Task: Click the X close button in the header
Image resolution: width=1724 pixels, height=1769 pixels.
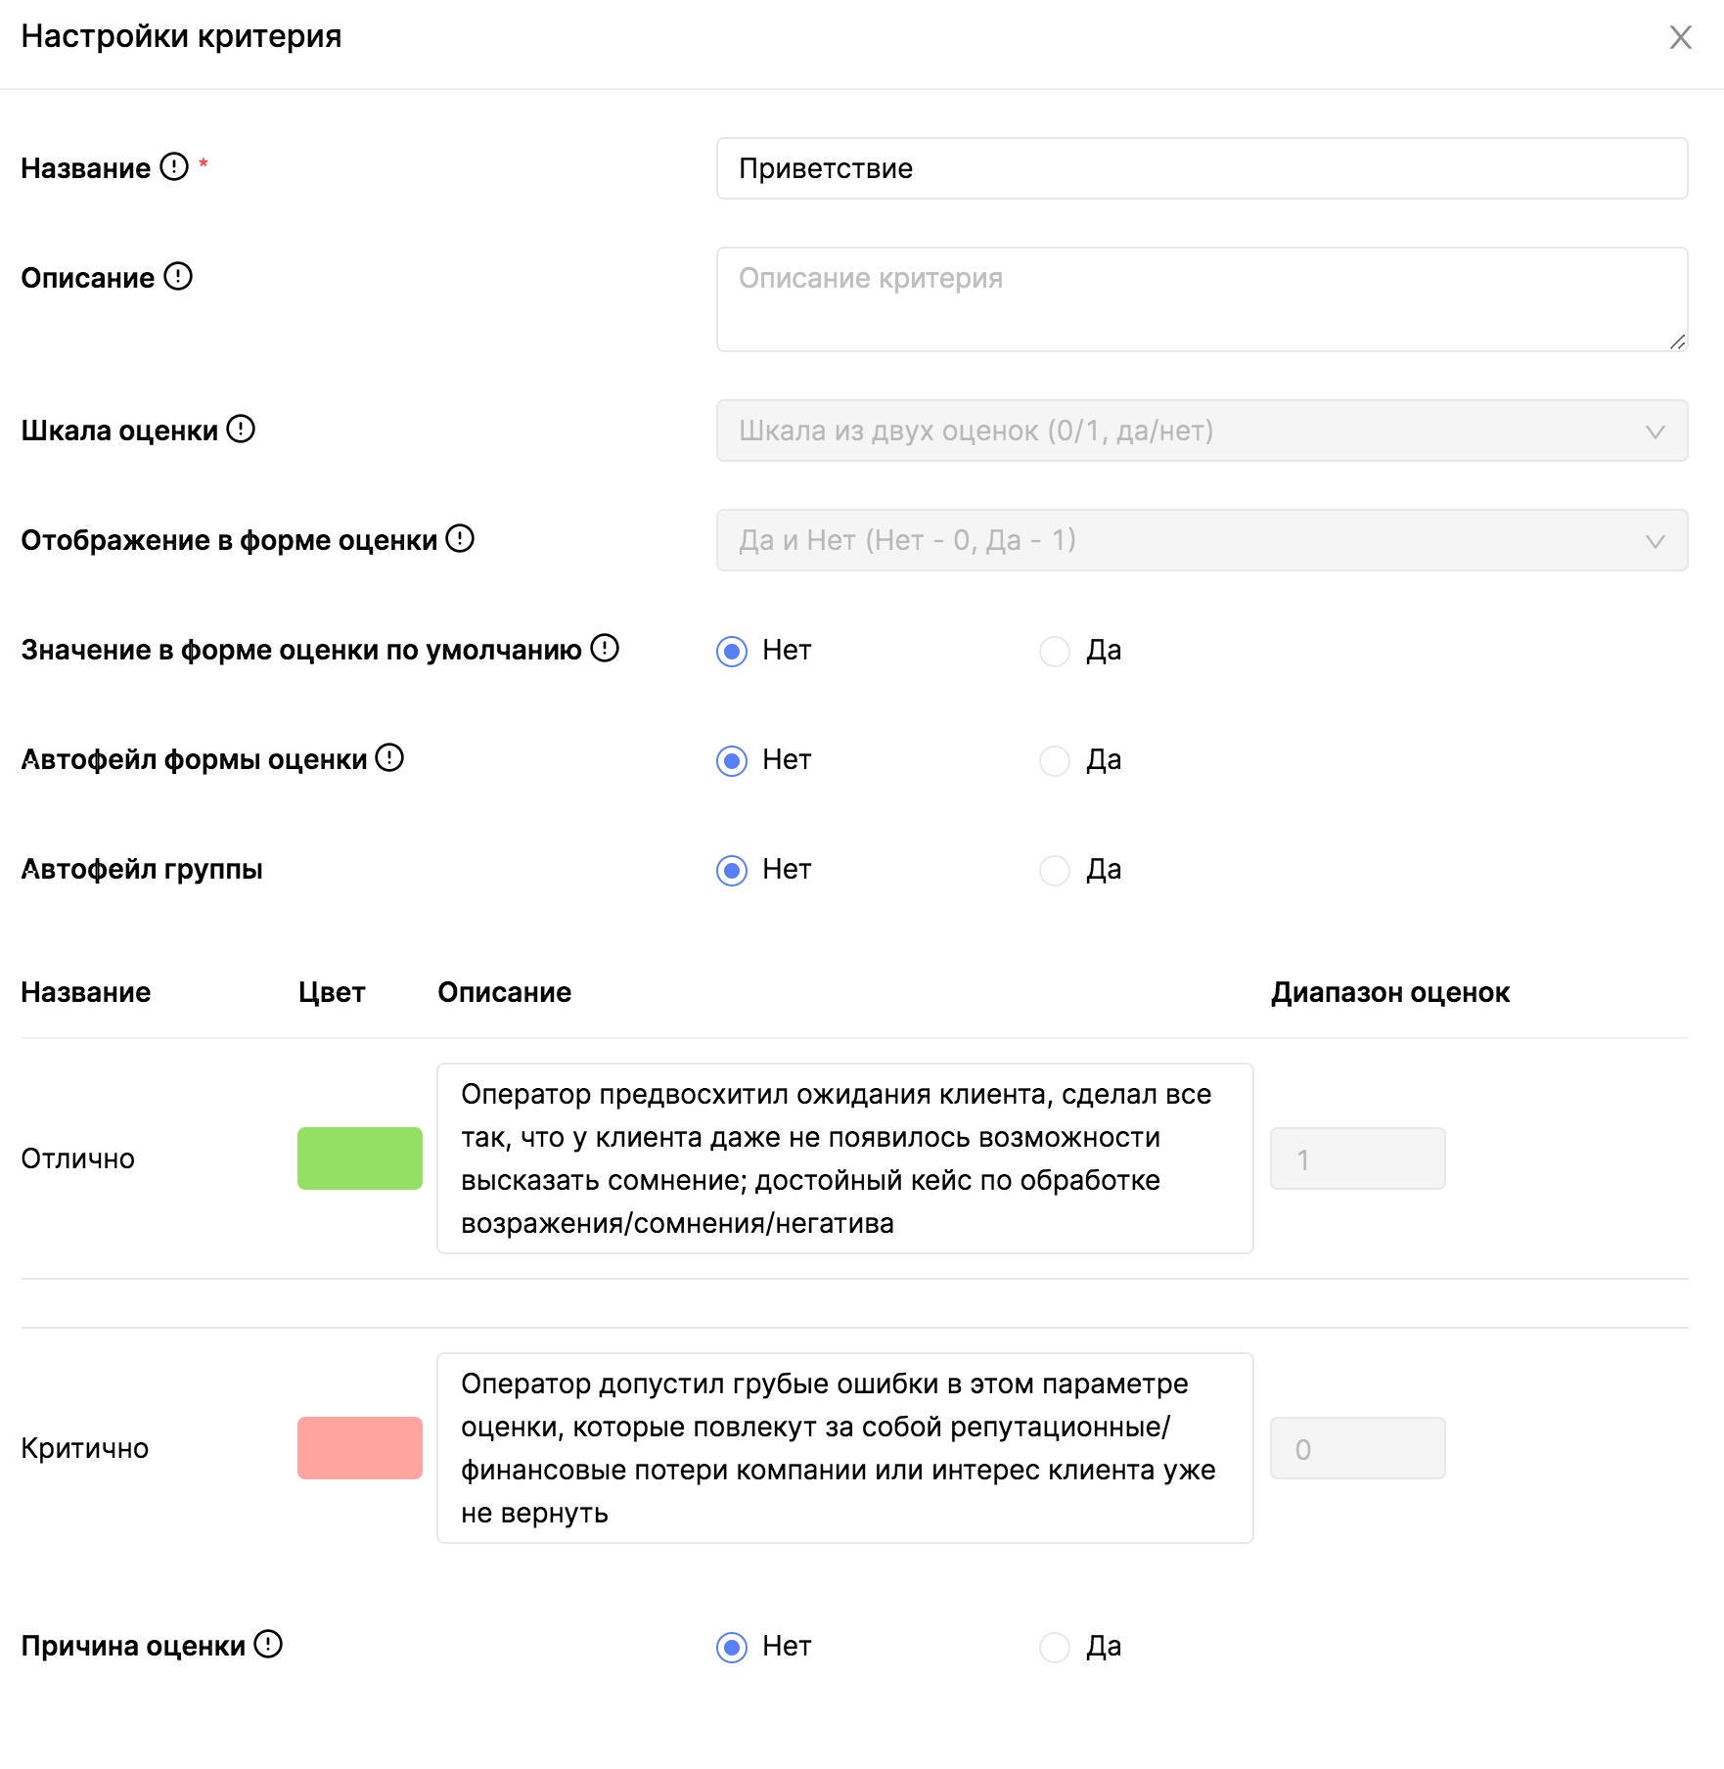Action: pyautogui.click(x=1680, y=37)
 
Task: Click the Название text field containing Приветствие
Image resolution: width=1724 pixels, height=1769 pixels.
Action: pyautogui.click(x=1202, y=168)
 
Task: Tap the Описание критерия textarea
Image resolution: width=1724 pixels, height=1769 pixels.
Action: pyautogui.click(x=1202, y=299)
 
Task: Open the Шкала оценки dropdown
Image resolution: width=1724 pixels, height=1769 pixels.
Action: pyautogui.click(x=1202, y=431)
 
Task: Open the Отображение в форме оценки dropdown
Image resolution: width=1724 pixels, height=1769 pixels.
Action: pyautogui.click(x=1202, y=540)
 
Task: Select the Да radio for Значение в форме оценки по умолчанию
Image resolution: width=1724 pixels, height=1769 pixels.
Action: pyautogui.click(x=1055, y=651)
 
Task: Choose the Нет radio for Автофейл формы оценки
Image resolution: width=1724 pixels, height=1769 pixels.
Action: pyautogui.click(x=732, y=760)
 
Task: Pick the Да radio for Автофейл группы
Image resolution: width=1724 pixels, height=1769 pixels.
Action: pyautogui.click(x=1055, y=870)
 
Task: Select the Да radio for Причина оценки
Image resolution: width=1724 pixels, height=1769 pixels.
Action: pyautogui.click(x=1055, y=1647)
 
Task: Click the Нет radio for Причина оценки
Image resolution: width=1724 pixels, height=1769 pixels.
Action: pyautogui.click(x=732, y=1647)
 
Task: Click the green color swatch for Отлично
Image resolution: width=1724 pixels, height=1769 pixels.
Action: pyautogui.click(x=360, y=1158)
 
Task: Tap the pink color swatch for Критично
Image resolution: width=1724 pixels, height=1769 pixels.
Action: pyautogui.click(x=360, y=1448)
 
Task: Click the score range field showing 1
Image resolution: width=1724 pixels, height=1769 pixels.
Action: pyautogui.click(x=1357, y=1158)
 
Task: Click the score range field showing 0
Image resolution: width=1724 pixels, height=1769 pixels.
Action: pyautogui.click(x=1357, y=1448)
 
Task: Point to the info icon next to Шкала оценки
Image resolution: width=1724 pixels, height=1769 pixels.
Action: pyautogui.click(x=241, y=429)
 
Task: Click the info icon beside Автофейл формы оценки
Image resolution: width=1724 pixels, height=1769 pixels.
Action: pyautogui.click(x=389, y=757)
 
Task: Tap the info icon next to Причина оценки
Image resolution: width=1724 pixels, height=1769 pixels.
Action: pyautogui.click(x=268, y=1644)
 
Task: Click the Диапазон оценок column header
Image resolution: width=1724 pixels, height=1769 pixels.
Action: pyautogui.click(x=1389, y=992)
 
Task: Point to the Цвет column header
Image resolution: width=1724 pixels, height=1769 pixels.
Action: pyautogui.click(x=332, y=992)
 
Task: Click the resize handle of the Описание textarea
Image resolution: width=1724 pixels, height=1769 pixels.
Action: pyautogui.click(x=1677, y=341)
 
